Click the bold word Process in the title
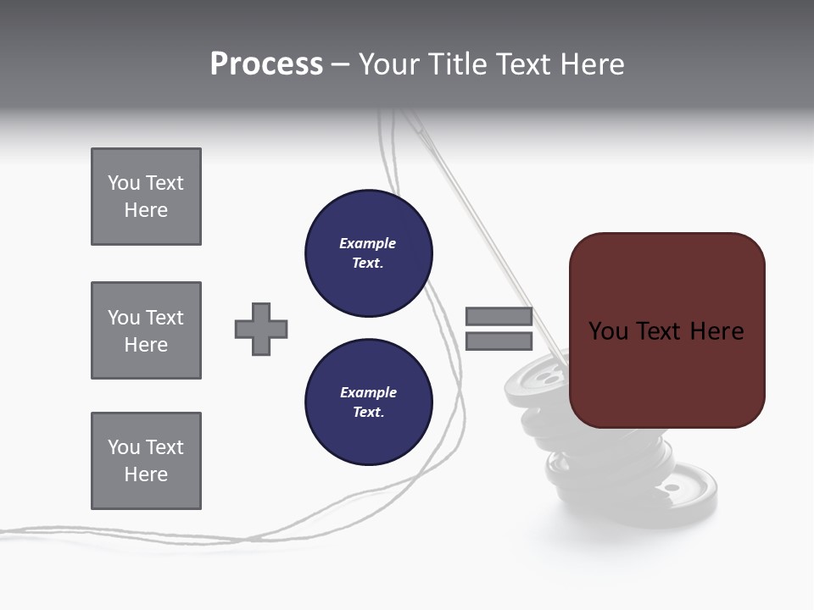click(x=266, y=64)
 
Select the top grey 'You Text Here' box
click(x=146, y=197)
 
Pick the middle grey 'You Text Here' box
click(x=146, y=330)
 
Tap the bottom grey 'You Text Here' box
click(x=146, y=461)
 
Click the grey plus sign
click(x=261, y=329)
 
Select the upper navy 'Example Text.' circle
click(x=369, y=253)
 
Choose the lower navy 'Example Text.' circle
click(x=369, y=402)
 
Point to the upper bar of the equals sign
click(x=499, y=317)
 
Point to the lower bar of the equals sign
click(x=499, y=341)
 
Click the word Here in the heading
click(x=591, y=64)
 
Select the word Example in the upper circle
click(x=368, y=243)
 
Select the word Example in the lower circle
click(x=368, y=392)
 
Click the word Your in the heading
click(x=391, y=64)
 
